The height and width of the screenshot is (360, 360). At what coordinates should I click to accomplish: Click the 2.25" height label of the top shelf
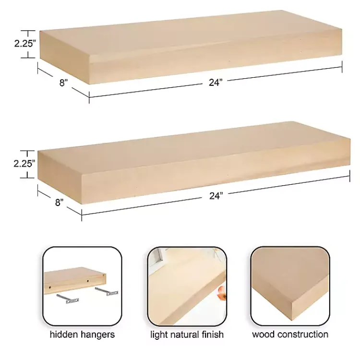12,43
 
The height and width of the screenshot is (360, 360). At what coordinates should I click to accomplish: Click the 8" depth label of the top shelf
63,83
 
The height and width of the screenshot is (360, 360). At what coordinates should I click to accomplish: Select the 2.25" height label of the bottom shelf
12,163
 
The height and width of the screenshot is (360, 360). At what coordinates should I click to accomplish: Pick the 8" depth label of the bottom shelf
59,202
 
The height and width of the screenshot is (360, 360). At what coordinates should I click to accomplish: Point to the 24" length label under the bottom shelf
216,196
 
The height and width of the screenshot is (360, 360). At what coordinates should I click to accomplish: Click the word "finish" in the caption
212,334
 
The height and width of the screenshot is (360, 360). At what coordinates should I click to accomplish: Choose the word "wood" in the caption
264,334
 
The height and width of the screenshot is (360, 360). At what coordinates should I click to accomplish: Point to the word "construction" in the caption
302,334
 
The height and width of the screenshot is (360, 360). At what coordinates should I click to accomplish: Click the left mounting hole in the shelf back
50,287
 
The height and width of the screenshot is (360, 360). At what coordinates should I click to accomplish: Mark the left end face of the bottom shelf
60,180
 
